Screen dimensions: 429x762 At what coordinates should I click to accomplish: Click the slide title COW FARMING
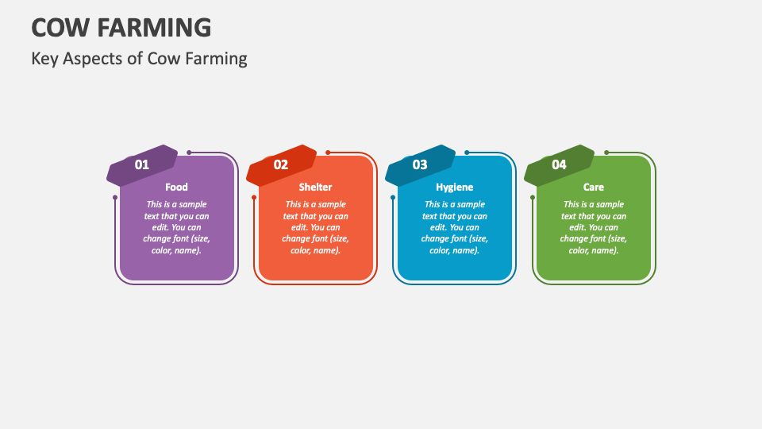tap(121, 27)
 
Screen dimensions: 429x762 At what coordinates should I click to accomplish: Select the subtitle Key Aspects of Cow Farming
tap(139, 58)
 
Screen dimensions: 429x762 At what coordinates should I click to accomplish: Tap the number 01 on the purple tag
tap(142, 164)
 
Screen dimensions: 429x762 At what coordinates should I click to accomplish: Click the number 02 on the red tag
tap(281, 164)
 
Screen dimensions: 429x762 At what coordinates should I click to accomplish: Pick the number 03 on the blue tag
tap(420, 164)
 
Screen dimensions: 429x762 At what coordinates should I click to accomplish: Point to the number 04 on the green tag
tap(560, 164)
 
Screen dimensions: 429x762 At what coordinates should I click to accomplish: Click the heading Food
tap(176, 187)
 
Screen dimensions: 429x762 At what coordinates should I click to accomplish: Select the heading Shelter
tap(315, 187)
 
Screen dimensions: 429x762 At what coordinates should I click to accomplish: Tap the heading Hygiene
tap(454, 187)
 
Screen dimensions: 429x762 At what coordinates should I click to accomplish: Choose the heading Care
tap(594, 187)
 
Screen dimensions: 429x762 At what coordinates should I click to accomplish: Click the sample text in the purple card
tap(176, 227)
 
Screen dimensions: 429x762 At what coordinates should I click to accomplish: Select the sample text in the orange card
tap(315, 227)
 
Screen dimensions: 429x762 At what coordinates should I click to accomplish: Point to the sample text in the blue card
tap(454, 227)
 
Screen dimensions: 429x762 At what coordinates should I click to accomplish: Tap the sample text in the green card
tap(594, 227)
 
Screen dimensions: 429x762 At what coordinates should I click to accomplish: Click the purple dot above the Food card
tap(189, 153)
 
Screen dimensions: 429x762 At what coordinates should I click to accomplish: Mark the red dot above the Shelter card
tap(328, 153)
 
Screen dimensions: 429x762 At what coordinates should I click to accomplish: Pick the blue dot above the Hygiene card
tap(467, 153)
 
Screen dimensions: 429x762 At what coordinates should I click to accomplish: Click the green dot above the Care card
tap(606, 153)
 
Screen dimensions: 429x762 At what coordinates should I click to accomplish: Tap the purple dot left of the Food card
tap(115, 197)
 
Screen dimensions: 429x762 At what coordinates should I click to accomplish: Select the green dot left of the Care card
tap(533, 197)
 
